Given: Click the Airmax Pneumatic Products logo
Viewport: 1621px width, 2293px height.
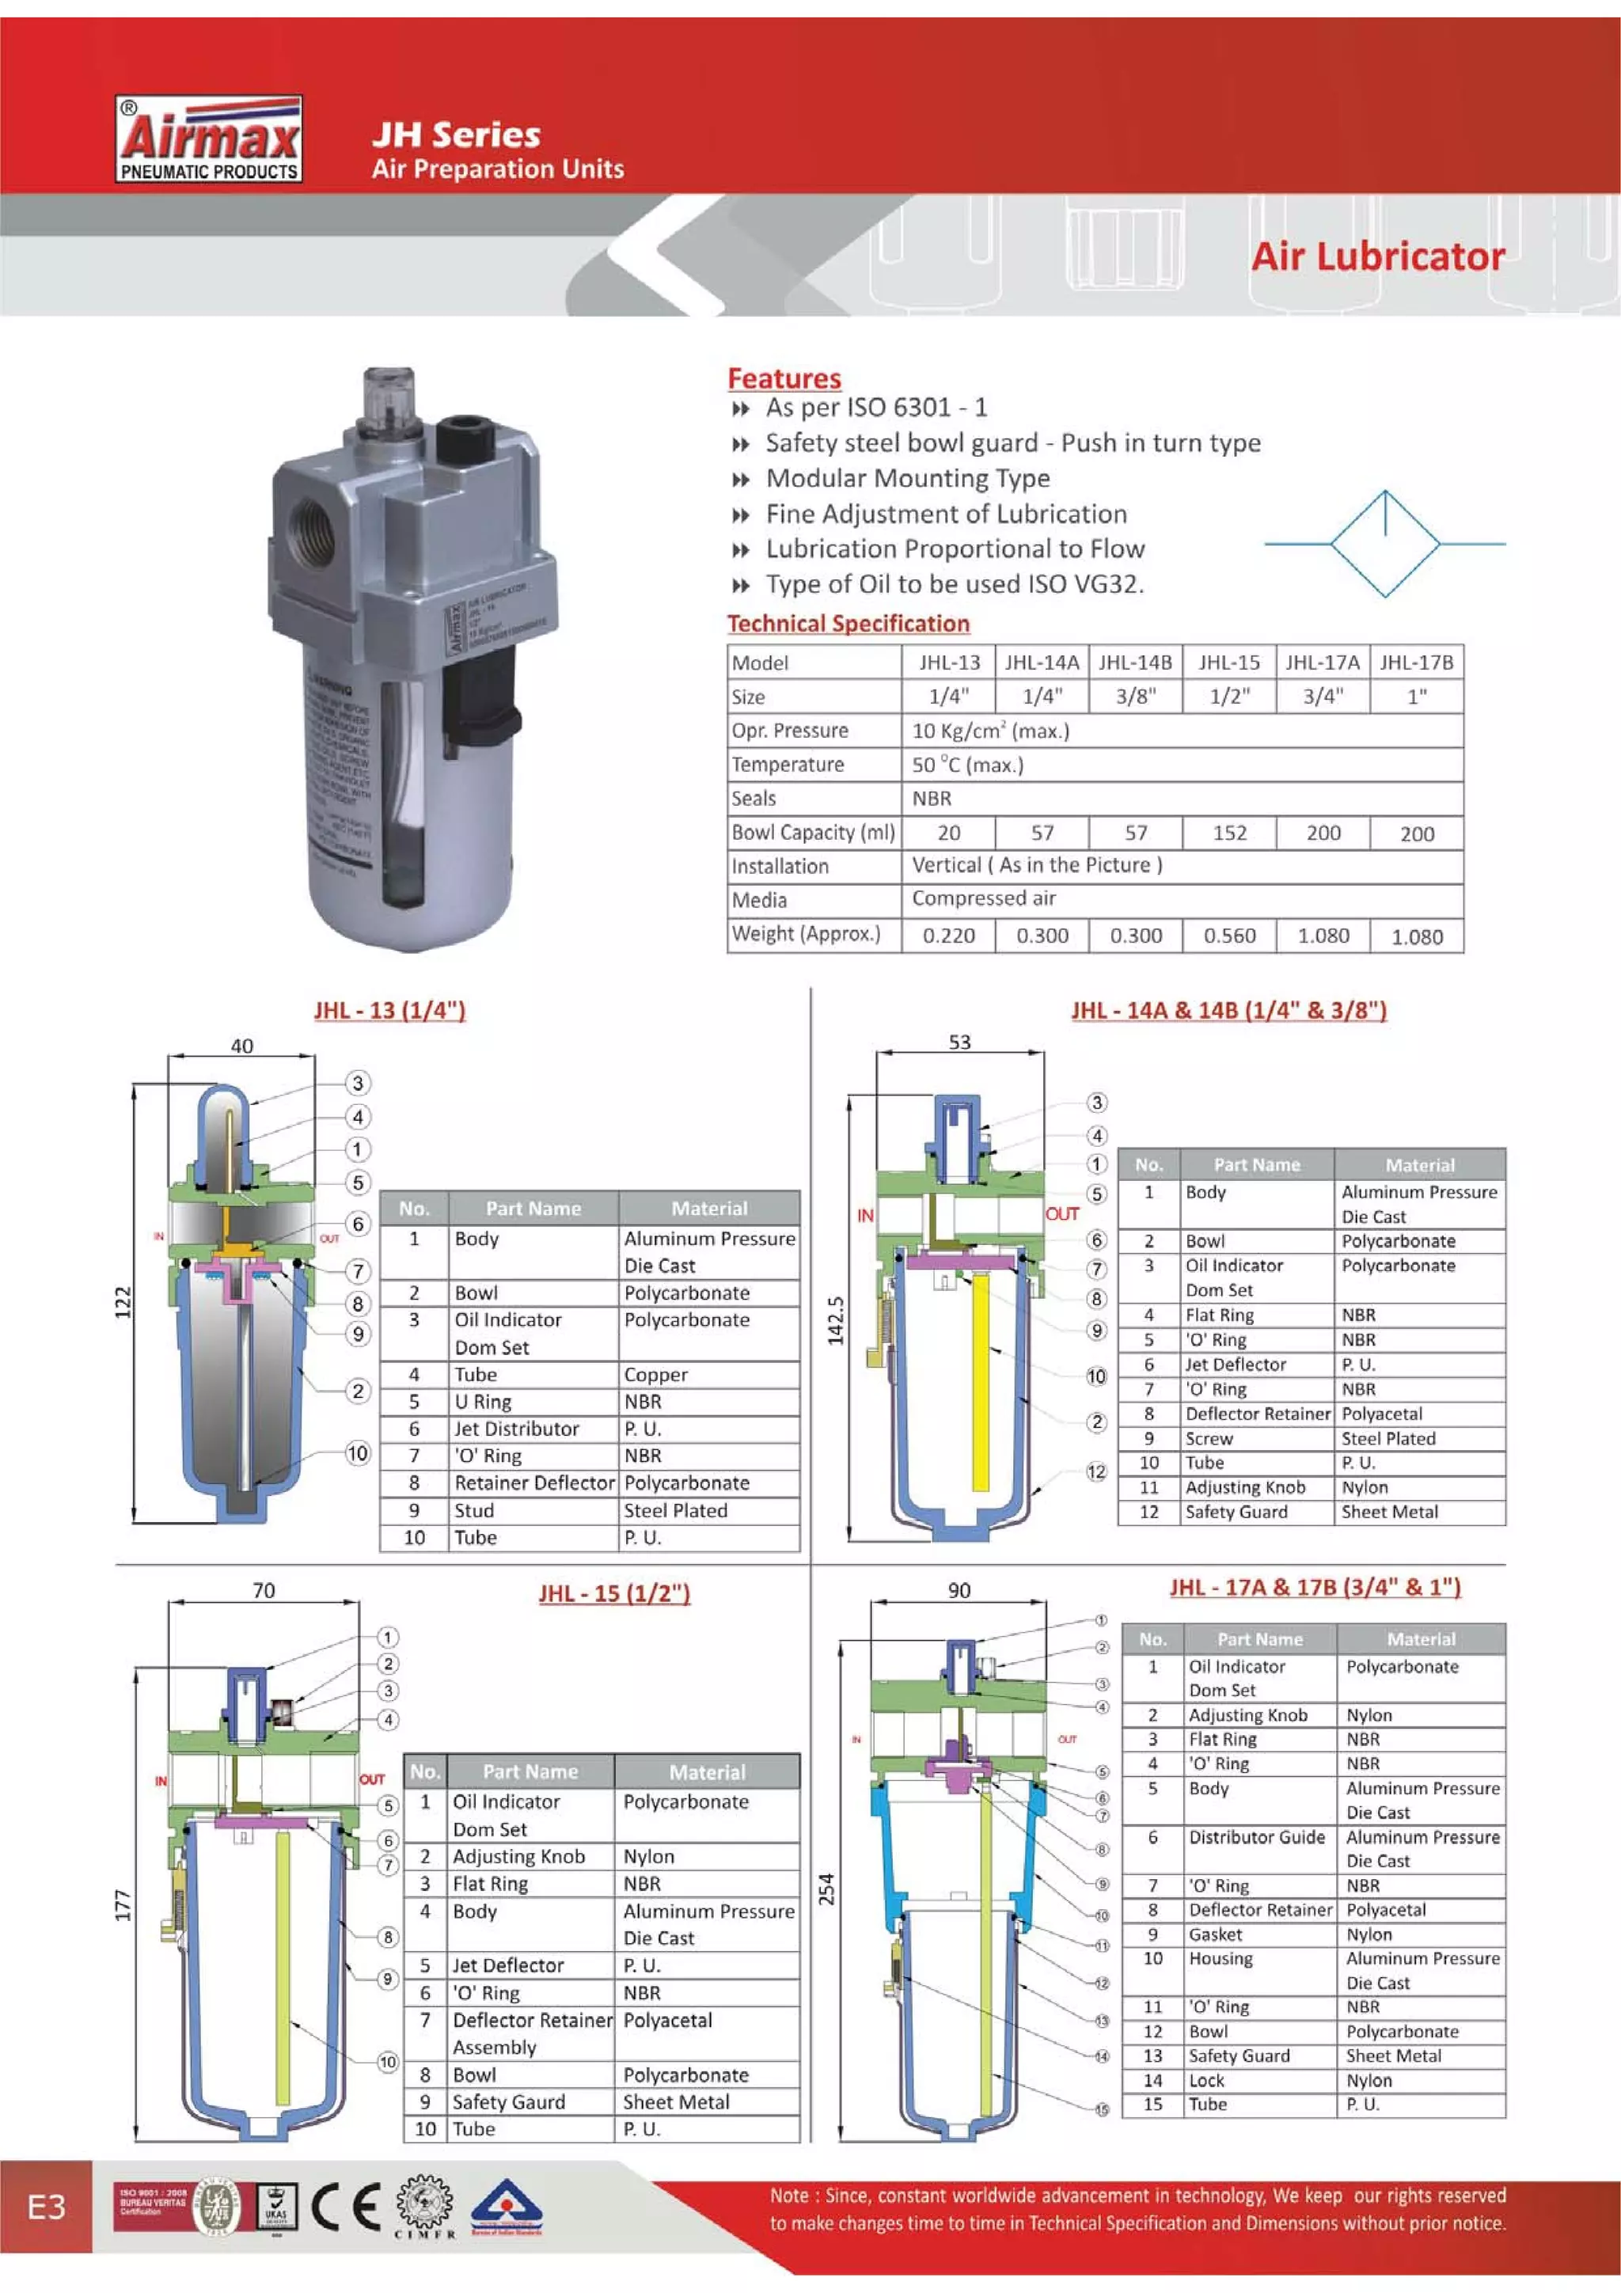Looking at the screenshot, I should point(210,140).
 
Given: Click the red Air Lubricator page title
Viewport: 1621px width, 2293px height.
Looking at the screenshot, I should point(1377,256).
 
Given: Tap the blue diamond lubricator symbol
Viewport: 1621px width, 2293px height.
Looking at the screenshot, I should point(1384,545).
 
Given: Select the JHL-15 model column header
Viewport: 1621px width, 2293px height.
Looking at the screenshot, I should point(1228,662).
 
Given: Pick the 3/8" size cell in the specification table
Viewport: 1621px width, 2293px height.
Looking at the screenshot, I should point(1136,696).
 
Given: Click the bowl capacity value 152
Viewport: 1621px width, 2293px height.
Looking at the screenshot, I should point(1228,833).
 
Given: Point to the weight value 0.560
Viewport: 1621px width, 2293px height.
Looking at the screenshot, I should point(1228,936).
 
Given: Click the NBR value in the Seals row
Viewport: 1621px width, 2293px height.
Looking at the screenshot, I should point(932,798).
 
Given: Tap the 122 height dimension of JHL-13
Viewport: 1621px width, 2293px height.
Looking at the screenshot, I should point(123,1302).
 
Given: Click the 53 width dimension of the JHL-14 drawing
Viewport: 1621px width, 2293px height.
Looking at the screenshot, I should point(959,1042).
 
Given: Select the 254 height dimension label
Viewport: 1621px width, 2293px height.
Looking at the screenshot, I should point(827,1889).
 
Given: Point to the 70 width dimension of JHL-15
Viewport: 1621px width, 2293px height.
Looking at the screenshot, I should point(264,1590).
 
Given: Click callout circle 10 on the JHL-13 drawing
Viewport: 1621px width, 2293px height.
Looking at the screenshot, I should point(358,1453).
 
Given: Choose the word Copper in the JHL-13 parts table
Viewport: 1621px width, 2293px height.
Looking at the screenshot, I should point(655,1374).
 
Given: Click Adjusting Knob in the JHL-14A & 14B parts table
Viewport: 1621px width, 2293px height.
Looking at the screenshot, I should point(1244,1487).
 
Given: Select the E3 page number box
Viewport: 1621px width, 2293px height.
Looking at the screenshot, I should point(46,2206).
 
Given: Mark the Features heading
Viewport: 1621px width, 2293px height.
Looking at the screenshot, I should point(784,378).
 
